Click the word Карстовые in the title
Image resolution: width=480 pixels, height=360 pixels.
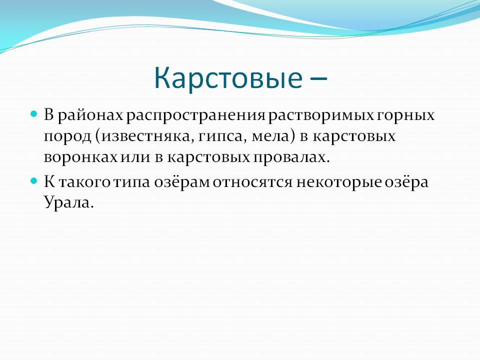[228, 78]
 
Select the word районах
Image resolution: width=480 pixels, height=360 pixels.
[90, 115]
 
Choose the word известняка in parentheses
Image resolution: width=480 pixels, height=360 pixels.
[146, 136]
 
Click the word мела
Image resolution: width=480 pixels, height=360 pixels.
[270, 136]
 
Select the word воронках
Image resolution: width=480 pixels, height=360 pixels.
[81, 157]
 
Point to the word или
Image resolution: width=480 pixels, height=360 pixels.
[136, 157]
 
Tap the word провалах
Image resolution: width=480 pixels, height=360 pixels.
[289, 157]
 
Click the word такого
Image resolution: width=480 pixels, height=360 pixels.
[84, 182]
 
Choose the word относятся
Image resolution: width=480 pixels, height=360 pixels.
[252, 182]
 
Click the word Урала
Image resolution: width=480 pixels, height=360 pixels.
[67, 202]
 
